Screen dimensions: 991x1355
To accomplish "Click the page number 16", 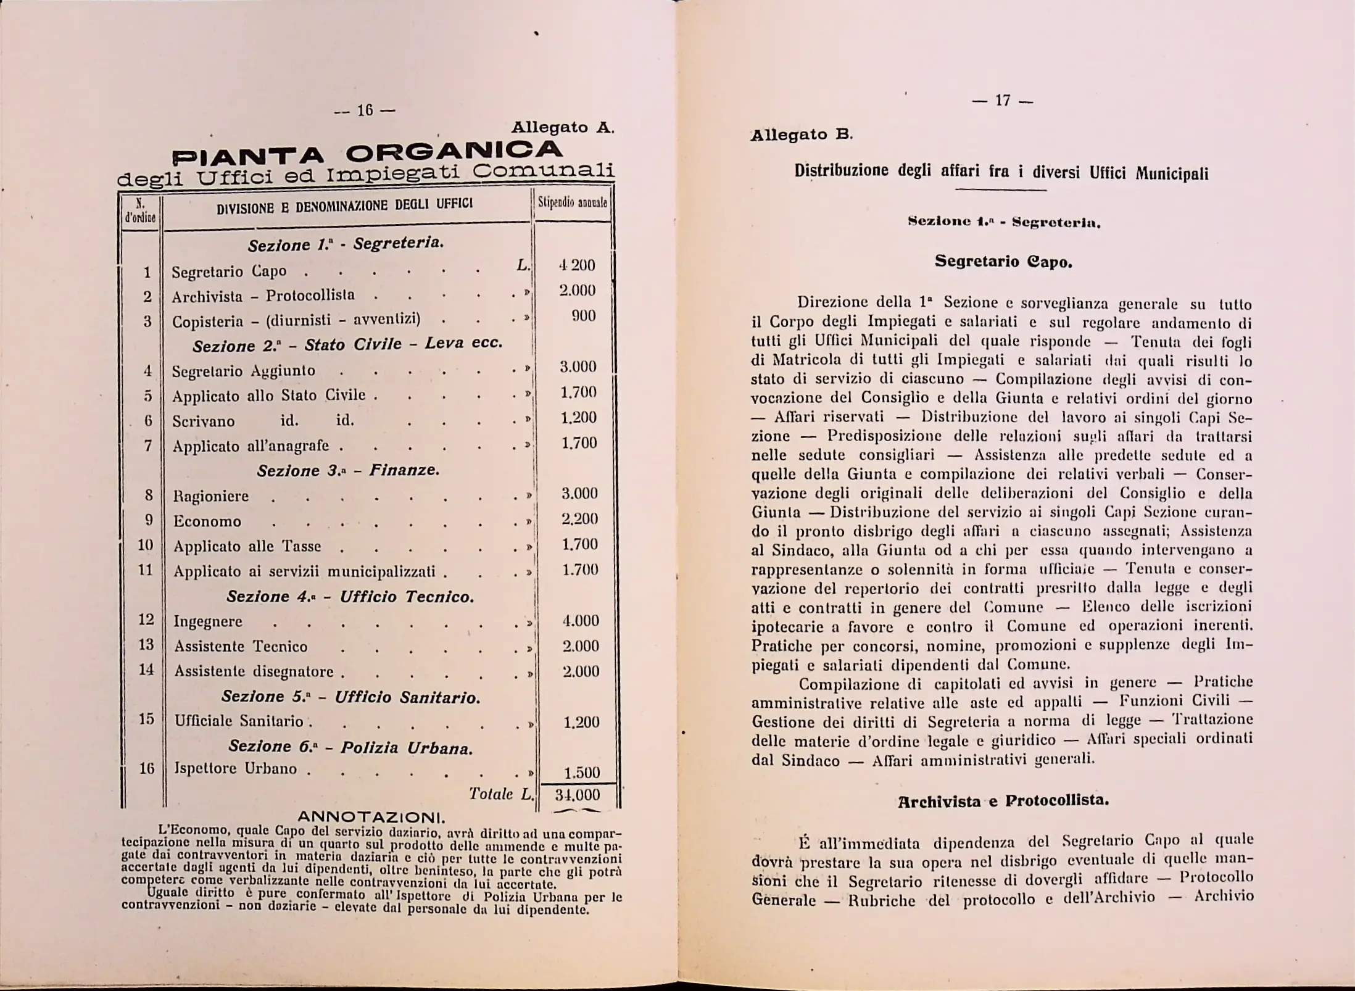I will coord(365,110).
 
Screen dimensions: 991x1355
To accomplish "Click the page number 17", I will coord(1002,100).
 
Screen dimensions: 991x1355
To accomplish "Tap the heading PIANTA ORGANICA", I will coord(367,152).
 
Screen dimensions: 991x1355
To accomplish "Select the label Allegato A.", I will coord(562,128).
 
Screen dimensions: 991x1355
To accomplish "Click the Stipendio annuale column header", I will coord(573,202).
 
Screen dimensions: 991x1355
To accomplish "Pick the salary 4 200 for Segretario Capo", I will coord(577,265).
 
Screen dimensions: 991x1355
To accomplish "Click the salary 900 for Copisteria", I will coord(582,316).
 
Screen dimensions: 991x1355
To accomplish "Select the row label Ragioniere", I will coord(211,496).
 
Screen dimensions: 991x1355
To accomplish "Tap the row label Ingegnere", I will coord(208,621).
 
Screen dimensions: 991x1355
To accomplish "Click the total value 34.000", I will coord(578,795).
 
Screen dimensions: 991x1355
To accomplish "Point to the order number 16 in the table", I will coord(147,768).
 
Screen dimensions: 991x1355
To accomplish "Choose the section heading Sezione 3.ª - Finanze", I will coord(348,471).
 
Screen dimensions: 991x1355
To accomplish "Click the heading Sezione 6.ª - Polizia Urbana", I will coord(350,747).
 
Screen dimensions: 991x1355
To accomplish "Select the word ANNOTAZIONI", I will coord(371,818).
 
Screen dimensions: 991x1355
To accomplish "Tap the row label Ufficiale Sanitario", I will coord(239,721).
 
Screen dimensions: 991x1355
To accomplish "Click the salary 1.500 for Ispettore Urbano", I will coord(581,773).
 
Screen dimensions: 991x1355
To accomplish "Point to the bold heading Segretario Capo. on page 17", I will coord(1003,261).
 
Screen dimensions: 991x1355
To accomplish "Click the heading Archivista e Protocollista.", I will coord(1003,801).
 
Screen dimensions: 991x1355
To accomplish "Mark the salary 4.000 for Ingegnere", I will coord(580,621).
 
